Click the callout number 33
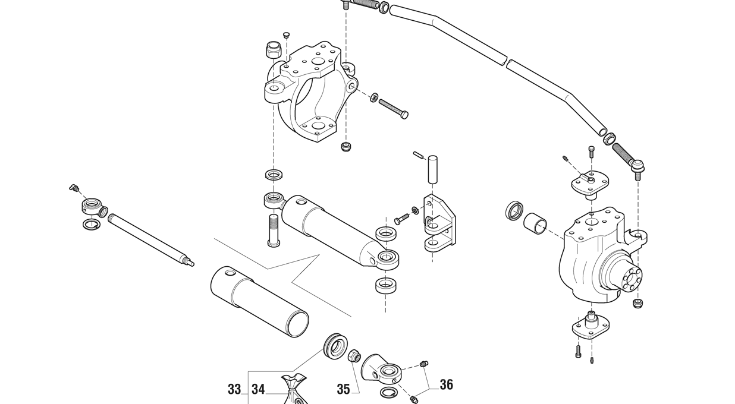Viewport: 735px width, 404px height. [x=234, y=390]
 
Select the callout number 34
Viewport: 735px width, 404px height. [x=258, y=390]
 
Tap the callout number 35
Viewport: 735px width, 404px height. [x=343, y=390]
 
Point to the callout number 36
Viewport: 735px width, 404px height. [x=447, y=385]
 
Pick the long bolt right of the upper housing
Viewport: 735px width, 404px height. [x=393, y=108]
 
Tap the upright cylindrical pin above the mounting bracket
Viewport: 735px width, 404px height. [x=433, y=170]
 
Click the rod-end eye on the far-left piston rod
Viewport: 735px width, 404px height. [x=93, y=207]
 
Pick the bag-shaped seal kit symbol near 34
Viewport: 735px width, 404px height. [x=295, y=390]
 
